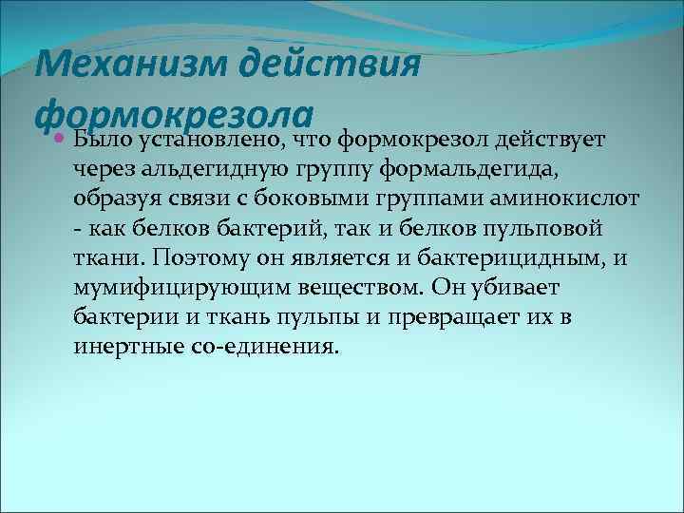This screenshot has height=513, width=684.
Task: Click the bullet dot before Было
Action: coord(59,141)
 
